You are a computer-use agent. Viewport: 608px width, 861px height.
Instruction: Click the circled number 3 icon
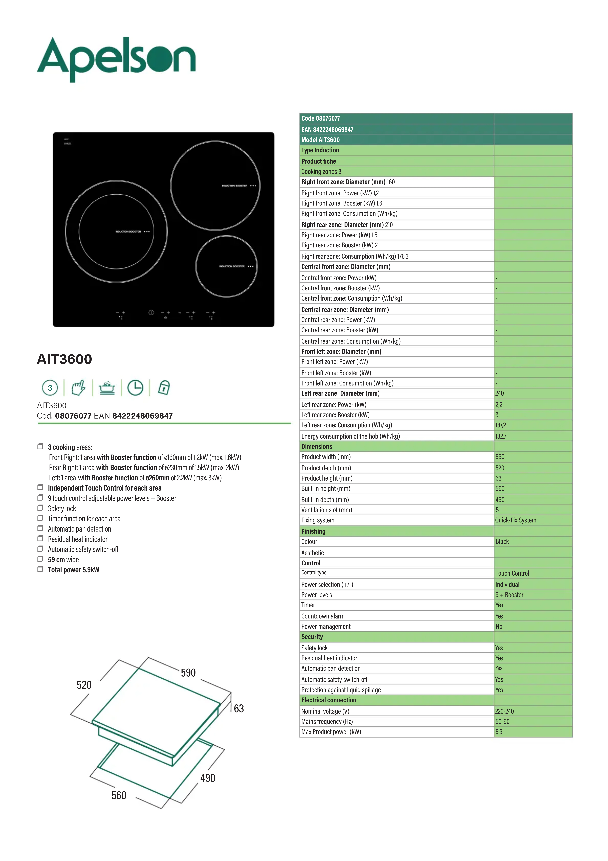[x=50, y=388]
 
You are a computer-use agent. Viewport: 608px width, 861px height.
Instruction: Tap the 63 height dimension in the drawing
[x=239, y=708]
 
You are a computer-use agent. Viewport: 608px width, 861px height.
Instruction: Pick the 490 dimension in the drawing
[x=208, y=778]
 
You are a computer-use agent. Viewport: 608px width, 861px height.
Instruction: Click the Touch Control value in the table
[x=512, y=573]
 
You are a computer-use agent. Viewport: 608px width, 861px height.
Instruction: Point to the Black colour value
[x=502, y=541]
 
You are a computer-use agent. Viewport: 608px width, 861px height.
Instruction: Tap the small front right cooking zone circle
[x=226, y=266]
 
